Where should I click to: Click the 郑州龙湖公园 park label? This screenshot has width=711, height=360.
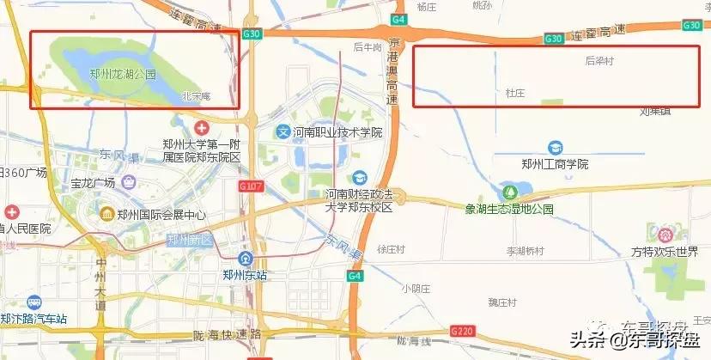coord(123,74)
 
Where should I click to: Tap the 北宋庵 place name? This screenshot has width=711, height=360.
coord(197,96)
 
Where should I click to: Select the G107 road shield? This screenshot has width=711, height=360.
coord(252,186)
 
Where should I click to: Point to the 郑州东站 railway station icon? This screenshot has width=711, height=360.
coord(246,259)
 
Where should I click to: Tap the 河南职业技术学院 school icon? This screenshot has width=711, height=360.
coord(283,132)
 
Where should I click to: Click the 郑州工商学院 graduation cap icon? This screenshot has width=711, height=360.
coord(555,148)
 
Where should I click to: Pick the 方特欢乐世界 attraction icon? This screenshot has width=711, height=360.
coord(664,233)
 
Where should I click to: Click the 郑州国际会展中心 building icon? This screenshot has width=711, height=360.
coord(107,214)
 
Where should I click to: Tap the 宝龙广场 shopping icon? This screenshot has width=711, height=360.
coord(128,182)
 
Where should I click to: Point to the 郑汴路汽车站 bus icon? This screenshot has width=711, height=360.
coord(33,303)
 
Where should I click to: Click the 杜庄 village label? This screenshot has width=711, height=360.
coord(514,91)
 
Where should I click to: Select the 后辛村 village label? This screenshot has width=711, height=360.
coord(600,61)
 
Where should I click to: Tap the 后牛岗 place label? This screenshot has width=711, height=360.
coord(367,47)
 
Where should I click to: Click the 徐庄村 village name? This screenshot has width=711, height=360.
coord(390,249)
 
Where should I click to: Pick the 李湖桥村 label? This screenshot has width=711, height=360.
coord(525,251)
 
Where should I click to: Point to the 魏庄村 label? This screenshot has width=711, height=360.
coord(501,302)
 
